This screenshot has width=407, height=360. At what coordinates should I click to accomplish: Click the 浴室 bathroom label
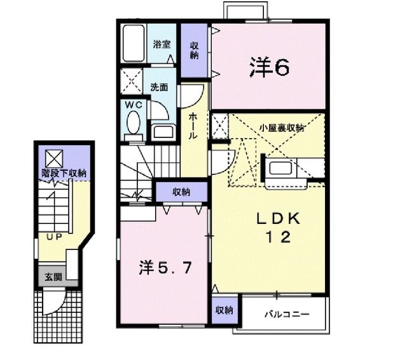coord(162,45)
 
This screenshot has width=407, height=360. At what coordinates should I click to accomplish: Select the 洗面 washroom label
coord(159,88)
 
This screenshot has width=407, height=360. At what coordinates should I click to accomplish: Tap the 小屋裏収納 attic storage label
coord(281,128)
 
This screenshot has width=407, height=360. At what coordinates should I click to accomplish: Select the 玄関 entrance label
coord(53,277)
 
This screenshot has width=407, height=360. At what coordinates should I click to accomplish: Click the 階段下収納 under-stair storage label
coord(64,172)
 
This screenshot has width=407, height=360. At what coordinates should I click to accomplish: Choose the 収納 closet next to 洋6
coord(194,50)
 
